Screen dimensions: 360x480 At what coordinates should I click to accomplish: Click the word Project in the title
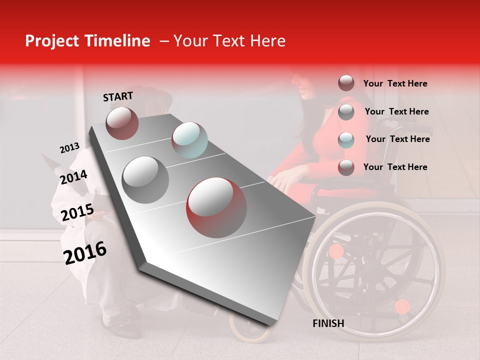coord(52,41)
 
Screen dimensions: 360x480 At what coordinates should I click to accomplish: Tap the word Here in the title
coord(267,41)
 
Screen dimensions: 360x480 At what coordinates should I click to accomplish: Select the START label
coord(118,96)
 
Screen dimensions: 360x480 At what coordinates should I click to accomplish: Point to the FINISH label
coord(328,323)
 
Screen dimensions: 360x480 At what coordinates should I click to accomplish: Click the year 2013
coord(69,148)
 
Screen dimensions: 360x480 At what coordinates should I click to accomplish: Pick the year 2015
coord(77,213)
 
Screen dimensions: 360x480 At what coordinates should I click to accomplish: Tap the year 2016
coord(85,252)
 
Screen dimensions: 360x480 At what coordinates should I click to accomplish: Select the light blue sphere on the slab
coord(189,139)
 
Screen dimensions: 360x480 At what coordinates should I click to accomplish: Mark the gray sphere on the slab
coord(145,179)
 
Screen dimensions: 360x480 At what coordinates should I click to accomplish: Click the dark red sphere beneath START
coord(122,123)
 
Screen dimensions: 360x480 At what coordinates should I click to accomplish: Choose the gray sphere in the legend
coord(346,112)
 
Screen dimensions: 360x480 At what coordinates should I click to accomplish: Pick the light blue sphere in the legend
coord(346,139)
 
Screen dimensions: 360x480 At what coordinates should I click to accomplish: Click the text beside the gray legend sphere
coord(396,111)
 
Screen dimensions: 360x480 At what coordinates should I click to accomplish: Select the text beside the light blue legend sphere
coord(397,139)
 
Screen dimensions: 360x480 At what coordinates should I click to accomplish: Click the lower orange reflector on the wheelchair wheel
coord(402,306)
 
